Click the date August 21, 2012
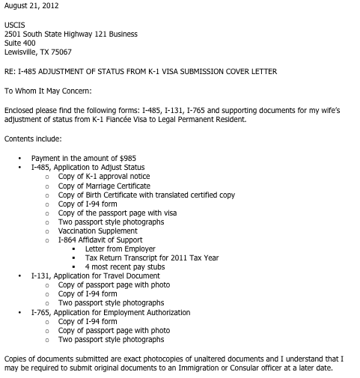(32, 6)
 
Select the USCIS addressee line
(15, 25)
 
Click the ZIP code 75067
(61, 52)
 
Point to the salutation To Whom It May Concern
(48, 91)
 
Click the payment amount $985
(126, 159)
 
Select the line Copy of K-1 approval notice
(103, 177)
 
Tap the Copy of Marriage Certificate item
(104, 186)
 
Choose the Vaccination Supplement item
(97, 231)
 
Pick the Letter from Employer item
(120, 249)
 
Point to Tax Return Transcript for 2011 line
(151, 258)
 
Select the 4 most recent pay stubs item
(125, 267)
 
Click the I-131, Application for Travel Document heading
(95, 276)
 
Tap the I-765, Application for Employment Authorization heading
(110, 312)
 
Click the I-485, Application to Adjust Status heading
(88, 168)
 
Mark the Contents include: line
(32, 139)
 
